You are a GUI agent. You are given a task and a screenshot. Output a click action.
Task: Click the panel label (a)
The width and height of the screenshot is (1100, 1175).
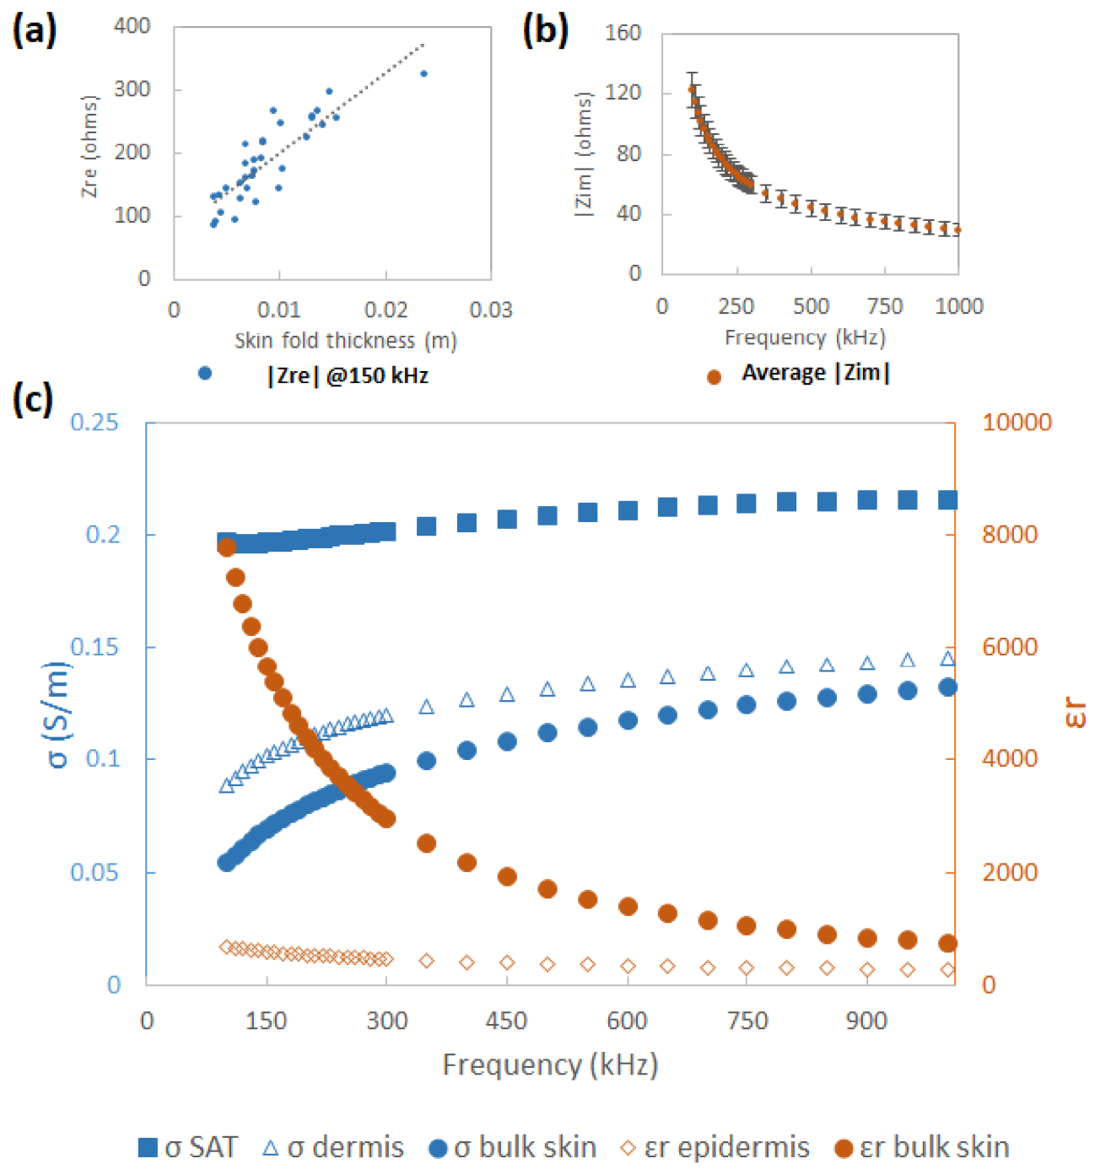click(x=35, y=31)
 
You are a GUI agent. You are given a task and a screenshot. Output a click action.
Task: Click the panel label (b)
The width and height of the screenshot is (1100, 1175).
click(x=546, y=31)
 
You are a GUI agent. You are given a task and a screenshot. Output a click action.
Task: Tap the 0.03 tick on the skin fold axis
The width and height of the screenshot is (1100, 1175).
click(x=490, y=310)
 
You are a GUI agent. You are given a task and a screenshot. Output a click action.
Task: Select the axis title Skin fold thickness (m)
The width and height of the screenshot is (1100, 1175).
click(x=346, y=341)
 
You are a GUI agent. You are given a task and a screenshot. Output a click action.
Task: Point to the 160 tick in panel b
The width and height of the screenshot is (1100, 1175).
click(x=623, y=33)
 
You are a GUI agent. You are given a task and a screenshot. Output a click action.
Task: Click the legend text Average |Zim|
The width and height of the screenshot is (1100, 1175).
click(x=816, y=373)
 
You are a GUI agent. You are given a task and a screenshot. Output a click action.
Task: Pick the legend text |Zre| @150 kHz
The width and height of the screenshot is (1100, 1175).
click(x=348, y=375)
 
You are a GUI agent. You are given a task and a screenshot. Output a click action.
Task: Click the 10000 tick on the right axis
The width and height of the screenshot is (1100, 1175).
click(x=1016, y=422)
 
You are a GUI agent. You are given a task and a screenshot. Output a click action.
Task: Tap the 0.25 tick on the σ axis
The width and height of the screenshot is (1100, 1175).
click(x=94, y=422)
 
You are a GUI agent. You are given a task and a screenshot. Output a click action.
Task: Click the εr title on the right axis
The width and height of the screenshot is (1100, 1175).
click(x=1075, y=712)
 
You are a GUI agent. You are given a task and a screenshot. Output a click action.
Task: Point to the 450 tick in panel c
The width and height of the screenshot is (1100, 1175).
click(x=506, y=1021)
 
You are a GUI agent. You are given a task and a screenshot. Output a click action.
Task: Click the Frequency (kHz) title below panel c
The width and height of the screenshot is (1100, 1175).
click(x=550, y=1065)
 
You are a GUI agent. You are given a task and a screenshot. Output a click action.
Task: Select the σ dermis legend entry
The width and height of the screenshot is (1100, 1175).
click(x=334, y=1148)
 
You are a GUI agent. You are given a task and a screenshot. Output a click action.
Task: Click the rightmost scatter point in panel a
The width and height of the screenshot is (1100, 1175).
click(x=423, y=74)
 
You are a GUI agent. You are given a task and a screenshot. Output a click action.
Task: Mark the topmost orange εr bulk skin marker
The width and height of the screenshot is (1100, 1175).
click(x=226, y=547)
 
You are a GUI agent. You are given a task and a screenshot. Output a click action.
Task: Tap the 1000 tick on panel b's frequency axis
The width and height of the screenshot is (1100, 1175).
click(x=959, y=306)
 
